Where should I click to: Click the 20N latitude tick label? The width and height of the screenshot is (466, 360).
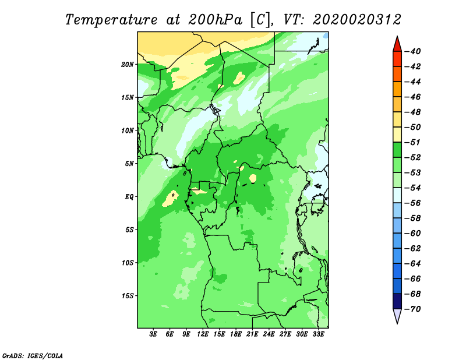(127, 65)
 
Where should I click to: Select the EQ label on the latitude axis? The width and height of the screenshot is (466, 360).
(129, 197)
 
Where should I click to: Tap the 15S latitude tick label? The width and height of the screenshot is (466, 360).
(127, 296)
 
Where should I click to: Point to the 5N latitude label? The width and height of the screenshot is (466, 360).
(129, 164)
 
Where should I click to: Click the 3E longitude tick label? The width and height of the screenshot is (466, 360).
(153, 334)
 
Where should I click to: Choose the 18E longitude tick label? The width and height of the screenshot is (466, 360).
(236, 334)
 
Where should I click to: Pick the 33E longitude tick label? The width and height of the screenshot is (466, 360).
(318, 334)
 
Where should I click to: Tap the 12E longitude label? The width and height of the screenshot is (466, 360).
(203, 334)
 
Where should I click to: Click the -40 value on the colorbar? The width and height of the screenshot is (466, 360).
(413, 51)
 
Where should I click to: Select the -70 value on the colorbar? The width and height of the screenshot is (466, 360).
(413, 309)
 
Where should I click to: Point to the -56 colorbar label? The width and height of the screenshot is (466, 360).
(413, 203)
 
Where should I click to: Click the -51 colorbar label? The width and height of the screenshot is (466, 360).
(413, 142)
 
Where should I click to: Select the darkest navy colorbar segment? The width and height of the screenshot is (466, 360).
(397, 301)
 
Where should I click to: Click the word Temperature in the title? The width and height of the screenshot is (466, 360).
(111, 20)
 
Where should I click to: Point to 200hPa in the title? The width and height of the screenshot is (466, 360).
(215, 20)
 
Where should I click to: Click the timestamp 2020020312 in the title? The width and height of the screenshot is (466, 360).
(357, 20)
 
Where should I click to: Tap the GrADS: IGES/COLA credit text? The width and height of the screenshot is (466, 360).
(33, 355)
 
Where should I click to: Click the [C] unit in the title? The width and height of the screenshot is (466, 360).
(260, 20)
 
